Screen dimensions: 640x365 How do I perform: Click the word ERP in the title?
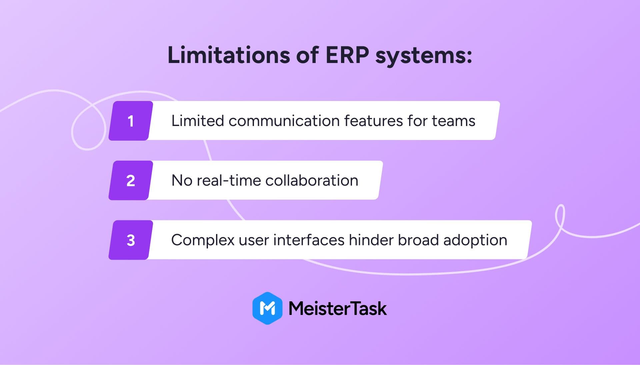pos(347,55)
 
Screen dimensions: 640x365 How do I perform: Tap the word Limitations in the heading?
pos(229,55)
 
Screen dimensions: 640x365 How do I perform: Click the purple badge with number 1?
pos(131,121)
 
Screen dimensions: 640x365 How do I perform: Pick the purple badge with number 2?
pos(131,180)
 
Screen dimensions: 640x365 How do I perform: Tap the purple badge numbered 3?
pos(131,240)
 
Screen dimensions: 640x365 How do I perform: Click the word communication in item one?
pos(284,121)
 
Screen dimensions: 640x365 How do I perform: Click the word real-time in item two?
pos(229,180)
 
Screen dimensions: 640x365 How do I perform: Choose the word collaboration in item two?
pos(312,180)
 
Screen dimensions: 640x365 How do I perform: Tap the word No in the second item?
pos(182,180)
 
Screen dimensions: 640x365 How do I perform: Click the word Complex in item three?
pos(203,240)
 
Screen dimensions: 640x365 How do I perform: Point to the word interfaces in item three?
pos(309,240)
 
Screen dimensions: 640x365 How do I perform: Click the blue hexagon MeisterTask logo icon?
pos(267,308)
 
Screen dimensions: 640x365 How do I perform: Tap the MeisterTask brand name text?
pos(338,308)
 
